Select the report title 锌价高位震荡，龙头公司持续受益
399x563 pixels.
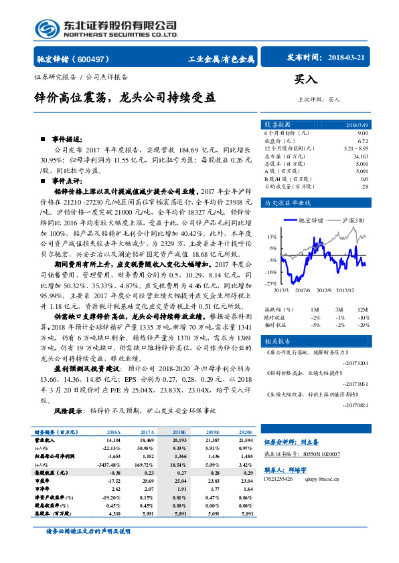coord(125,96)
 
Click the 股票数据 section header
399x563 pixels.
coord(277,125)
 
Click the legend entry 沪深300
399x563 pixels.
coord(353,220)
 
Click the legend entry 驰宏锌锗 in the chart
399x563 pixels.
coord(310,220)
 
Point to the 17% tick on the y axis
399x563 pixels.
coord(272,237)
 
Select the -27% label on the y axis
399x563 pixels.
coord(271,284)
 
